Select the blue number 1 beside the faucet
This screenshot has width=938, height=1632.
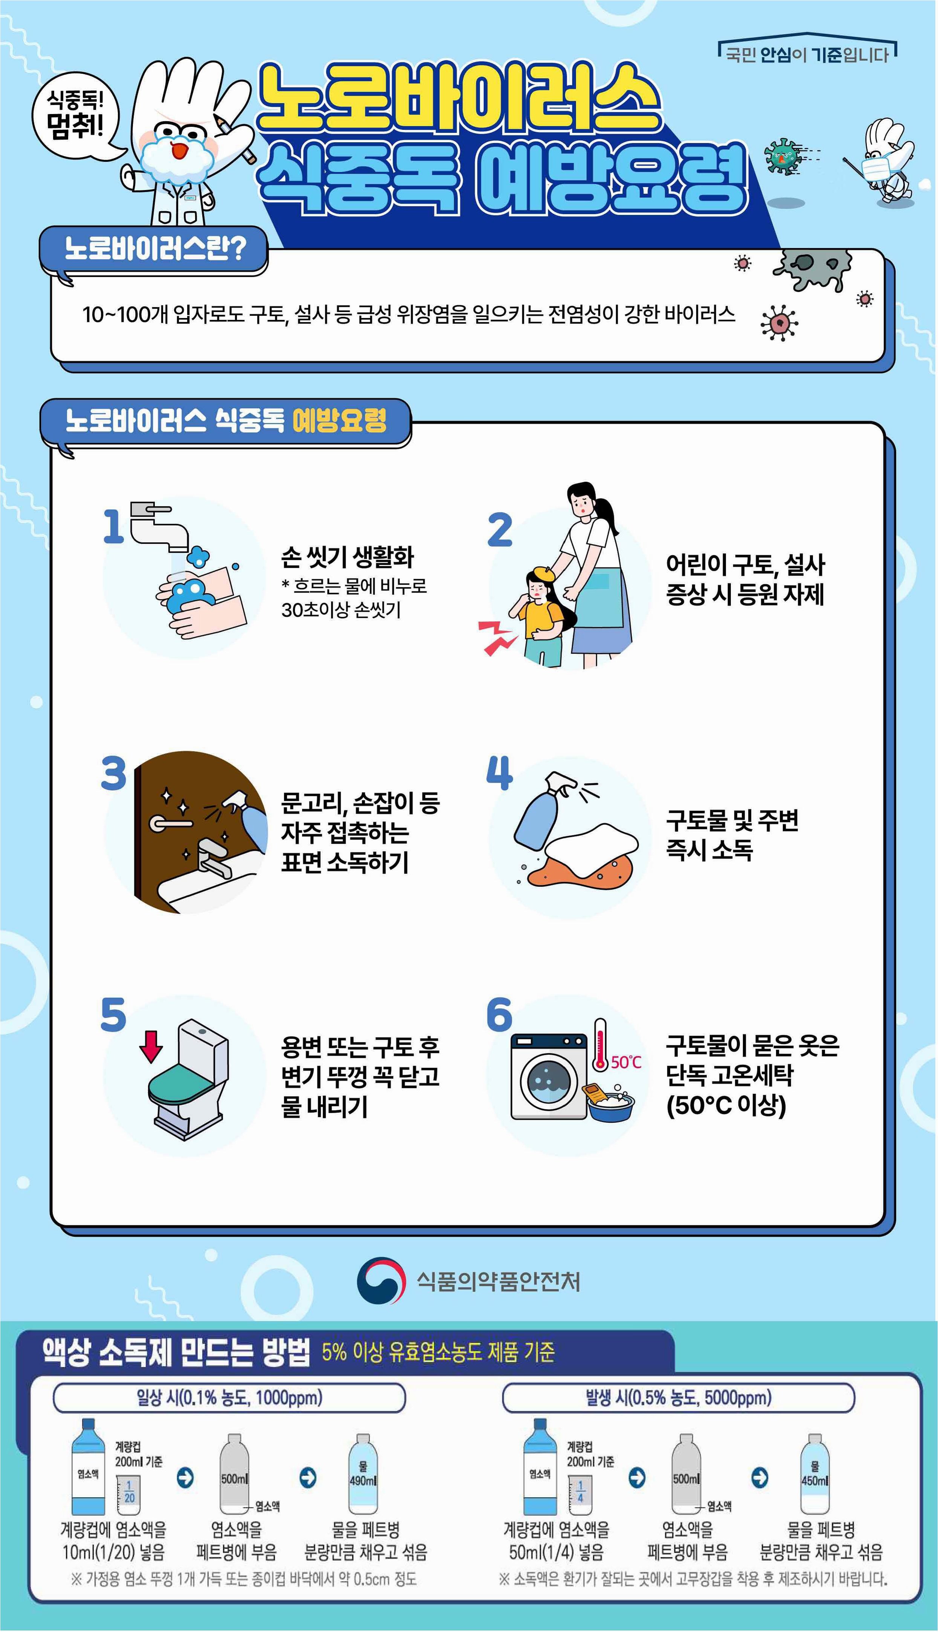(113, 526)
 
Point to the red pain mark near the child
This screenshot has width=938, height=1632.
(497, 637)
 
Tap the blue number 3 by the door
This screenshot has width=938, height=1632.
(113, 773)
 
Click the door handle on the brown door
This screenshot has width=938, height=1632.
(169, 822)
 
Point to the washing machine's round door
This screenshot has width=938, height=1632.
(549, 1081)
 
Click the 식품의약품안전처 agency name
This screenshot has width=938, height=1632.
(498, 1281)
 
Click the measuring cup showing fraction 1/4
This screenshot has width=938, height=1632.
(580, 1495)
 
